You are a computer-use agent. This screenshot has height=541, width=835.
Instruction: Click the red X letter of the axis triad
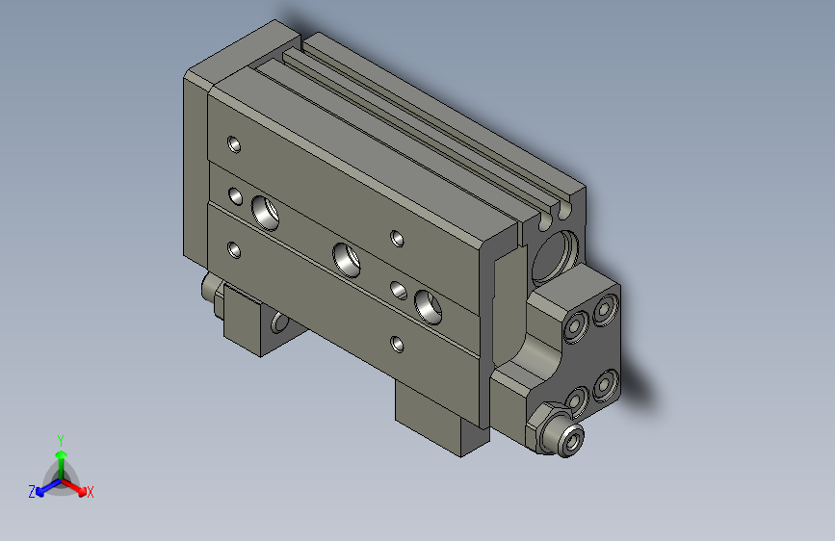click(x=91, y=492)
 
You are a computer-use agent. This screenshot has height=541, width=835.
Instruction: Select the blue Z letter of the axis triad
click(x=32, y=491)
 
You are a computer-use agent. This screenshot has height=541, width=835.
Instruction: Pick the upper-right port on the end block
click(x=605, y=310)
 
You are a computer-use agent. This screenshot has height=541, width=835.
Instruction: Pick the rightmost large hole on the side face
click(x=427, y=303)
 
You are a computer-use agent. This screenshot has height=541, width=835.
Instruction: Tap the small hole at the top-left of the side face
click(x=233, y=145)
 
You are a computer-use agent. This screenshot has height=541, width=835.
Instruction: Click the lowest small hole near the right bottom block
click(x=397, y=342)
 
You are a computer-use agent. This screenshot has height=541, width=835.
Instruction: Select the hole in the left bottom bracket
click(x=280, y=322)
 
